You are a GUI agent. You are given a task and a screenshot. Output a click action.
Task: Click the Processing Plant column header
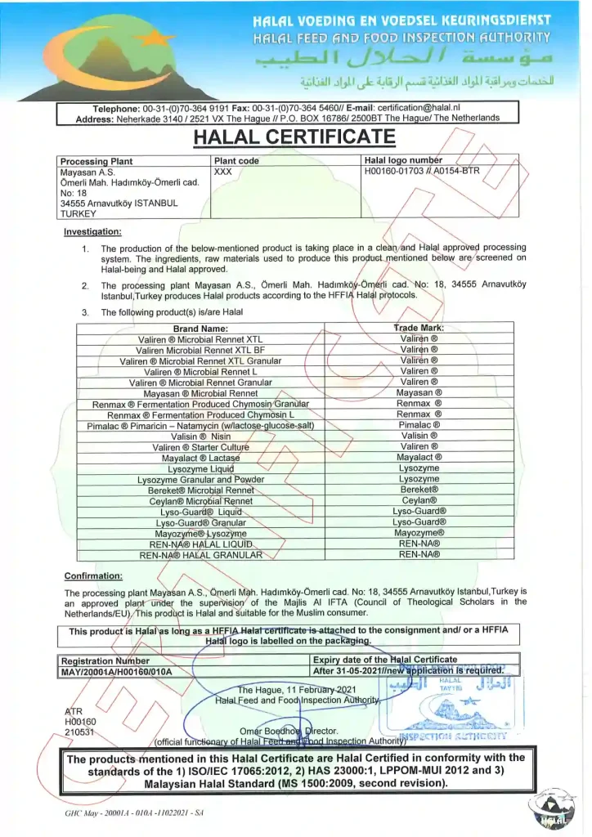(x=96, y=161)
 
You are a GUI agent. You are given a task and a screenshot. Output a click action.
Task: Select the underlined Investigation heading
(x=92, y=231)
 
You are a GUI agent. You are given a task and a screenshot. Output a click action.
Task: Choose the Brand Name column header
(x=200, y=328)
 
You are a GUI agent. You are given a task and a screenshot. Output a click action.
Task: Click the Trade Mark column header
(x=419, y=328)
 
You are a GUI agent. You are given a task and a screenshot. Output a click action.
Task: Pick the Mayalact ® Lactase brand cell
(x=200, y=458)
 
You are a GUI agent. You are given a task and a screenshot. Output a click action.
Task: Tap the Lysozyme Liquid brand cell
(x=200, y=468)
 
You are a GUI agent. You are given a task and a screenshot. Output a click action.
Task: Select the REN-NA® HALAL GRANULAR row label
(x=201, y=554)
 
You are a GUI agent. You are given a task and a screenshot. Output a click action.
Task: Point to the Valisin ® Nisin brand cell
(x=200, y=436)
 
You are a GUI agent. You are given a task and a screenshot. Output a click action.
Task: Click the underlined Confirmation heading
(x=93, y=575)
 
